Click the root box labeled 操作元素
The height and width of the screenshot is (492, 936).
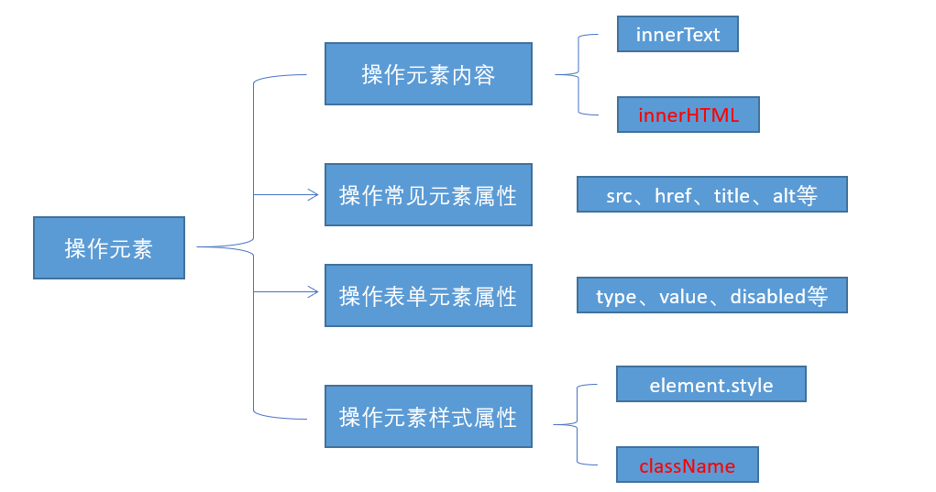[x=108, y=247]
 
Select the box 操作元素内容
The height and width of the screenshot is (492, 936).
[x=428, y=74]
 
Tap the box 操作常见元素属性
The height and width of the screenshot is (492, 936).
[x=428, y=194]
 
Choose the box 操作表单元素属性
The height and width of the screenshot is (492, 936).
[x=428, y=296]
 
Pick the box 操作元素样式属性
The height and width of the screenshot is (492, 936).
[x=428, y=417]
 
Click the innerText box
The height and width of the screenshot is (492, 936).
[x=677, y=35]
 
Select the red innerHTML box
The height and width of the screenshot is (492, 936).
[x=688, y=115]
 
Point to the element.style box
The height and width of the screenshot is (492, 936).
[x=710, y=385]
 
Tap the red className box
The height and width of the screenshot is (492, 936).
[x=688, y=465]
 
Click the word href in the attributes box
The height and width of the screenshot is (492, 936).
[x=673, y=196]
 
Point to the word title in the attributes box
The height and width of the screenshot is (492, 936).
[x=732, y=196]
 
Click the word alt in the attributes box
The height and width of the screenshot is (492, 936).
[x=784, y=196]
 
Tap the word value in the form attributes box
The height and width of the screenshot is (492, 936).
[x=683, y=297]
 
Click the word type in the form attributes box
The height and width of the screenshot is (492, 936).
[x=616, y=297]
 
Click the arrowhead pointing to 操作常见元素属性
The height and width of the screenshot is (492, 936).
[x=313, y=194]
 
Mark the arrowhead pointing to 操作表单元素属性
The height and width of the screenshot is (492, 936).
[x=313, y=292]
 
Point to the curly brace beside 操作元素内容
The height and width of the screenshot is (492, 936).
[x=573, y=75]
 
